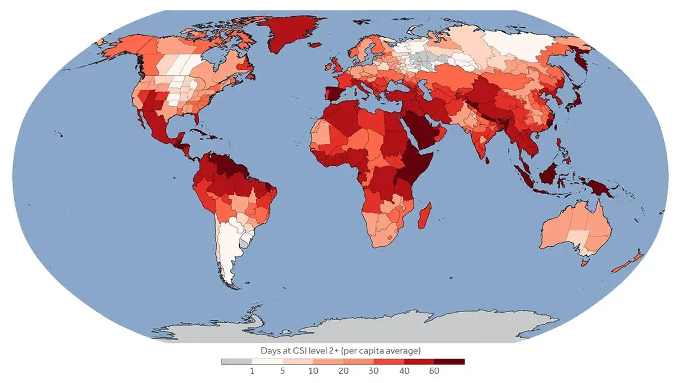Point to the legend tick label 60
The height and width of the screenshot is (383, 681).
point(434,371)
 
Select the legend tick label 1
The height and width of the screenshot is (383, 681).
point(252,371)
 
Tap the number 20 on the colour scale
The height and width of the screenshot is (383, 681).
point(343,371)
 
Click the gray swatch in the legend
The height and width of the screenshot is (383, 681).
point(236,361)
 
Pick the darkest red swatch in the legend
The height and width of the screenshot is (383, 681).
point(449,361)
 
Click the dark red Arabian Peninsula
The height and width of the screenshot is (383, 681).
point(422,128)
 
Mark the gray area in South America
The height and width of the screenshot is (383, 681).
point(244,243)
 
